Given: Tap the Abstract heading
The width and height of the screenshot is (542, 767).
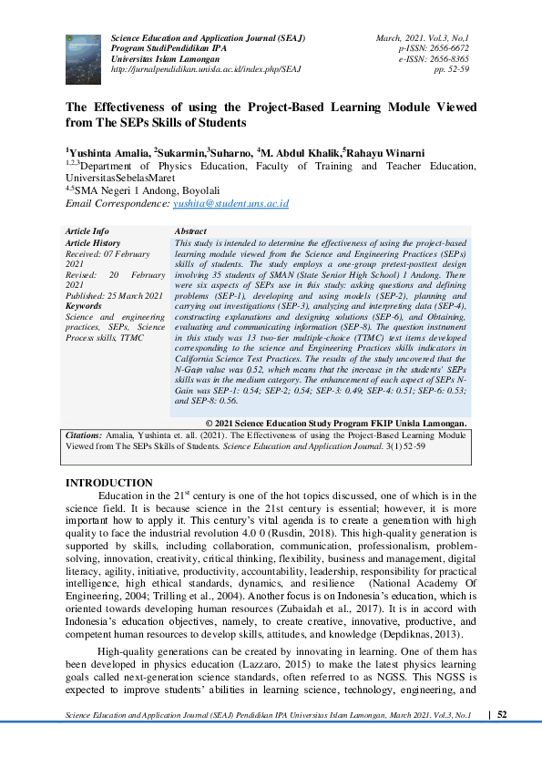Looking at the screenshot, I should click(x=189, y=232).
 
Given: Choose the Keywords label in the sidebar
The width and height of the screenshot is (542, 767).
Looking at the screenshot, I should click(x=84, y=306).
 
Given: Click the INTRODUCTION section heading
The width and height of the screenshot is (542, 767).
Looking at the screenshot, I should click(x=110, y=483).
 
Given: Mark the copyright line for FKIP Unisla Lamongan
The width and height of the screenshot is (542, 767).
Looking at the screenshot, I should click(x=337, y=424).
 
